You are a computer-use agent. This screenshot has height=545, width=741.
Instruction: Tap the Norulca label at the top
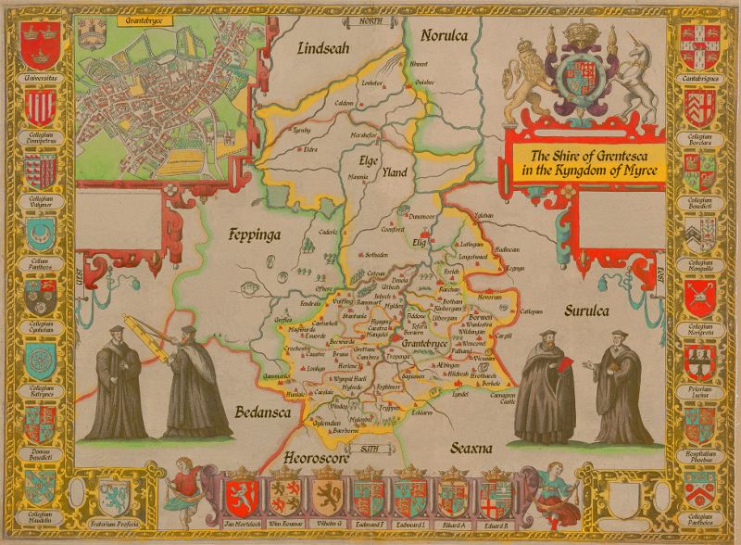pos(446,36)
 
